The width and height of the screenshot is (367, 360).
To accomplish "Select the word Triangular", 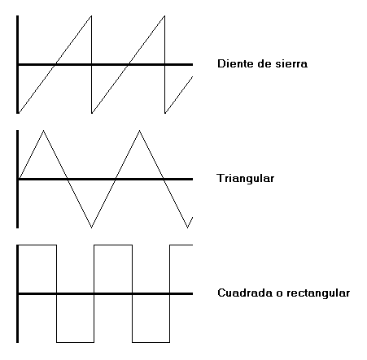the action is pos(246,178).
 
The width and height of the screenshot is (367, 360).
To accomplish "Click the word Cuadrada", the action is pos(245,293).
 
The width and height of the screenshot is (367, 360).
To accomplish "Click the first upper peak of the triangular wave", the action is pos(43,131).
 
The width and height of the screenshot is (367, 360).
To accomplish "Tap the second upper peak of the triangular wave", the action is pos(139,131).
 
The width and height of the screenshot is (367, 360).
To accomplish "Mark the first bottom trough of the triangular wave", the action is pos(91,228).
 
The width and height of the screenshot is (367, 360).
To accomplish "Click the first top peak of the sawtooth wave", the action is pos(91,16).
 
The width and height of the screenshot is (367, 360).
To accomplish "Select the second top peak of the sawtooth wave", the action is pos(164,16).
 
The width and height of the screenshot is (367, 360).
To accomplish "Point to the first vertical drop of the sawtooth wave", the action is pos(92,64).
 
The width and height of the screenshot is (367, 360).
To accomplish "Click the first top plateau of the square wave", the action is pos(37,245).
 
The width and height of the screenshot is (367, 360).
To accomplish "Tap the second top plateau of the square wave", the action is pos(113,245).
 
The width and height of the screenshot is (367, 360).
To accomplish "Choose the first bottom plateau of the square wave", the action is pos(75,342).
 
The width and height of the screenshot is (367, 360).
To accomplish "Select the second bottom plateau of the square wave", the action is pos(151,342).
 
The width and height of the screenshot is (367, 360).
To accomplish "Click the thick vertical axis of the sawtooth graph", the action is pos(18,64).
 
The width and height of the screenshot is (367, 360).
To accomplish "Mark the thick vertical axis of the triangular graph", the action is pos(18,179).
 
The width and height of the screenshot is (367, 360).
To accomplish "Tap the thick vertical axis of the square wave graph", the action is pos(18,293).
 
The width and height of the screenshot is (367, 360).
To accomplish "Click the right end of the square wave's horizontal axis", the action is pos(192,293).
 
